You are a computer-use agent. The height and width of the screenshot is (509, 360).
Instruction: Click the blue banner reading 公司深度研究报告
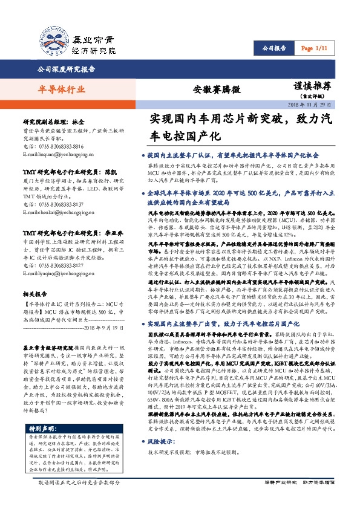point(67,70)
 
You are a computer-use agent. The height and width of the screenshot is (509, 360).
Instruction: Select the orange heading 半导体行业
point(58,89)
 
